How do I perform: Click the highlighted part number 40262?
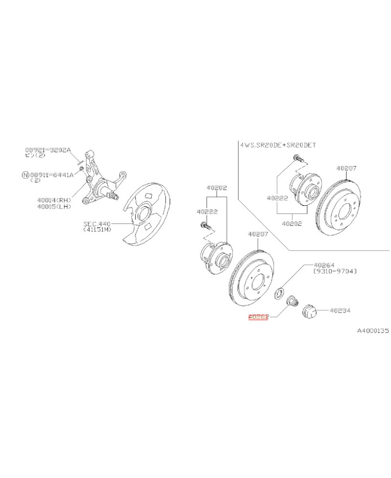tap(259, 317)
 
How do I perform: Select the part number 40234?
tap(341, 310)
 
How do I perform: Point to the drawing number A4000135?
tap(372, 331)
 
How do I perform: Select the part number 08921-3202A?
tap(48, 150)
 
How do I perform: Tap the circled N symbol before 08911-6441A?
tap(25, 174)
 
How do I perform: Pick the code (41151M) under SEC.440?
tap(97, 229)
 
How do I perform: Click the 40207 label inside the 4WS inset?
tap(347, 168)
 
